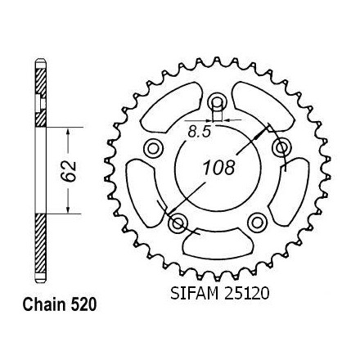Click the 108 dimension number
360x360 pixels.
click(219, 168)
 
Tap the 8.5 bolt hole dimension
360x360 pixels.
click(200, 133)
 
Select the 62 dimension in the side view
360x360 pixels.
click(69, 171)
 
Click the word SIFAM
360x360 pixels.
click(194, 293)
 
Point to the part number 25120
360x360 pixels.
click(246, 293)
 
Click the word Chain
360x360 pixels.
click(44, 304)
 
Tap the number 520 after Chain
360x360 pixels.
click(83, 304)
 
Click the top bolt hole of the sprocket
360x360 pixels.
click(217, 102)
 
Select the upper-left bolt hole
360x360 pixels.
click(153, 149)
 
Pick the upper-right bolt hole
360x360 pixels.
click(281, 148)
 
